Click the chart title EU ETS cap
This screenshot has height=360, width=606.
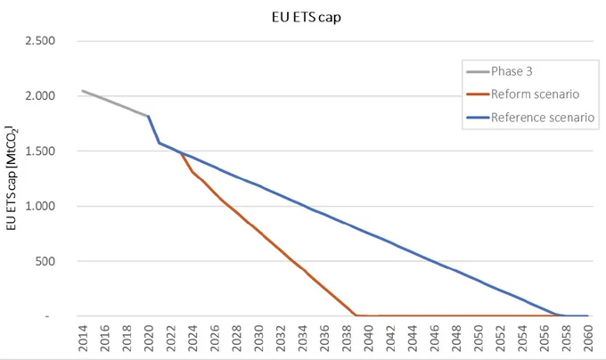click(306, 18)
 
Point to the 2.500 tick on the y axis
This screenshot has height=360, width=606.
click(40, 41)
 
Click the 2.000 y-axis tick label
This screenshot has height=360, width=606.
click(40, 96)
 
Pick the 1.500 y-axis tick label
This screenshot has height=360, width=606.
click(40, 151)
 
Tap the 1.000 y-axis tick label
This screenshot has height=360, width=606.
click(40, 206)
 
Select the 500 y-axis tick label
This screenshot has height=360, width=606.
click(45, 261)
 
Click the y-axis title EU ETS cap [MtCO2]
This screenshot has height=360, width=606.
click(12, 177)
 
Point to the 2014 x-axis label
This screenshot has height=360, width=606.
click(83, 339)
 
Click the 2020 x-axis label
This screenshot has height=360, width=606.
click(149, 339)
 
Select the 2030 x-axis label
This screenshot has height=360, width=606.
click(258, 339)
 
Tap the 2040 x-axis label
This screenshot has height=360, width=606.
click(368, 339)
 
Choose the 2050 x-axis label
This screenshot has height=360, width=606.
click(478, 339)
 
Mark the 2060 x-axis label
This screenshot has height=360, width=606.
click(588, 339)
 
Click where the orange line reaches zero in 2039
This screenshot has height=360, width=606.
click(356, 315)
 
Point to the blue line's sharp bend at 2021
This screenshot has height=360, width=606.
click(160, 143)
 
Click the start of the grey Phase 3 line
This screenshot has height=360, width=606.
click(82, 91)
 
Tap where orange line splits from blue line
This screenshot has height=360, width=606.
click(181, 153)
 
